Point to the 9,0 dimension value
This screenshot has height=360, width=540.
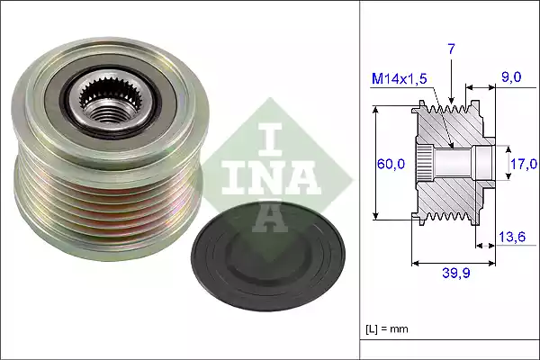(x=512, y=78)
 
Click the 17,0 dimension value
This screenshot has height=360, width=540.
(x=523, y=164)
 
